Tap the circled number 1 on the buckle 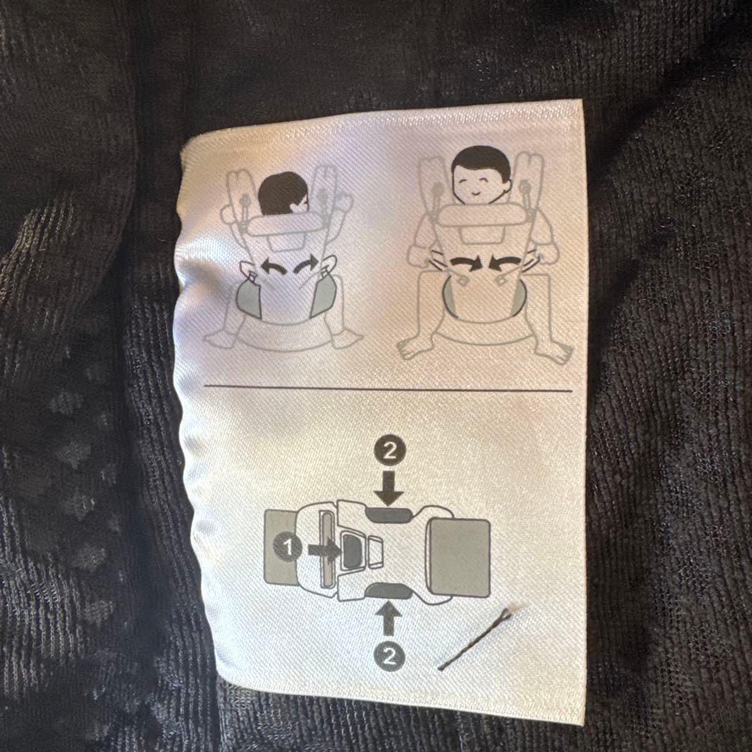[288, 547]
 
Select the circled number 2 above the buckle [389, 451]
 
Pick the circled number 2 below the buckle [389, 655]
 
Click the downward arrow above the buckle [389, 487]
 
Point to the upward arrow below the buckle [389, 618]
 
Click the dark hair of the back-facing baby [282, 192]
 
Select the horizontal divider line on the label [388, 387]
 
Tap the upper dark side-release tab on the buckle [389, 515]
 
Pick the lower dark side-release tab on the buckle [389, 590]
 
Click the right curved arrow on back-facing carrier [306, 265]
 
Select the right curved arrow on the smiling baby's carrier [504, 263]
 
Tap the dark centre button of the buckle [351, 551]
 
